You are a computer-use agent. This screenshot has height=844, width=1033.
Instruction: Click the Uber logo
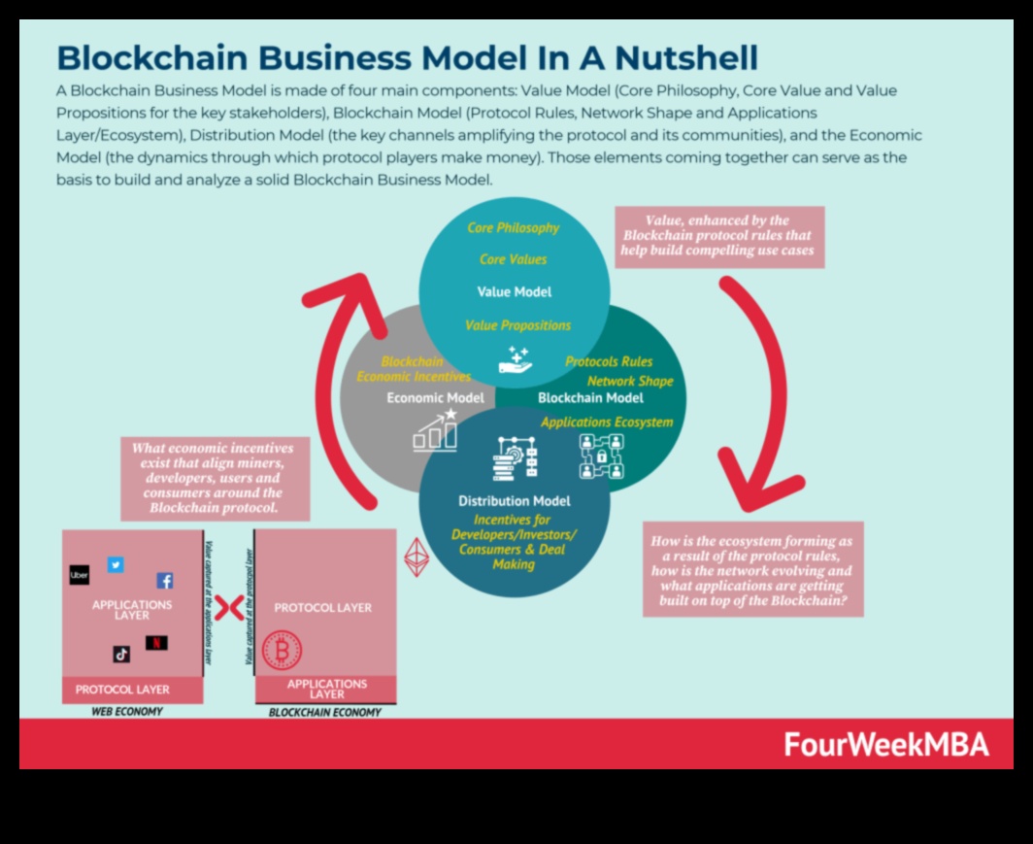tap(80, 575)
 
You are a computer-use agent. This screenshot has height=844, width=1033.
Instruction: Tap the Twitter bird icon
tap(116, 564)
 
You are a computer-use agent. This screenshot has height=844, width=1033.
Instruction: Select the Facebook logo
tap(165, 581)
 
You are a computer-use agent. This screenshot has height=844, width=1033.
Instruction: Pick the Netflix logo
tap(156, 642)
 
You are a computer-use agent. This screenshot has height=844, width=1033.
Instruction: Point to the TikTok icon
tap(121, 654)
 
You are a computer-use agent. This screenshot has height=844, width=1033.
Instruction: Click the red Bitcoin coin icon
tap(283, 650)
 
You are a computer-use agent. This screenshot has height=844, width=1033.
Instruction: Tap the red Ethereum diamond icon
tap(417, 557)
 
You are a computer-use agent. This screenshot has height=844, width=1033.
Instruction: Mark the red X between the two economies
tap(229, 609)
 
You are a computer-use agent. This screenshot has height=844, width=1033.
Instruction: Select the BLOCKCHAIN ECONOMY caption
tap(324, 712)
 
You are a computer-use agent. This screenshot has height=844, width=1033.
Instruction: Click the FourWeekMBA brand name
tap(885, 745)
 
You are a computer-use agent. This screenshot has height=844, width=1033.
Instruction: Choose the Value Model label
tap(514, 291)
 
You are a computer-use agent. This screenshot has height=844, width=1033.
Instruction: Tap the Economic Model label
tap(436, 397)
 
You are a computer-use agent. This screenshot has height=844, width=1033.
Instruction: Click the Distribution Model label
tap(514, 501)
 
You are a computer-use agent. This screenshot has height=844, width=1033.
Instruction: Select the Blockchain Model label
tap(590, 397)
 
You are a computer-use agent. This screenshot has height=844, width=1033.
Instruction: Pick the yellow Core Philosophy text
tap(514, 227)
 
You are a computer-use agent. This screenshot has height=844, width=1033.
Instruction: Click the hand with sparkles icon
tap(515, 359)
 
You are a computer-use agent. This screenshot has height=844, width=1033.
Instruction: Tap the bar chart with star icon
tap(436, 430)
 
